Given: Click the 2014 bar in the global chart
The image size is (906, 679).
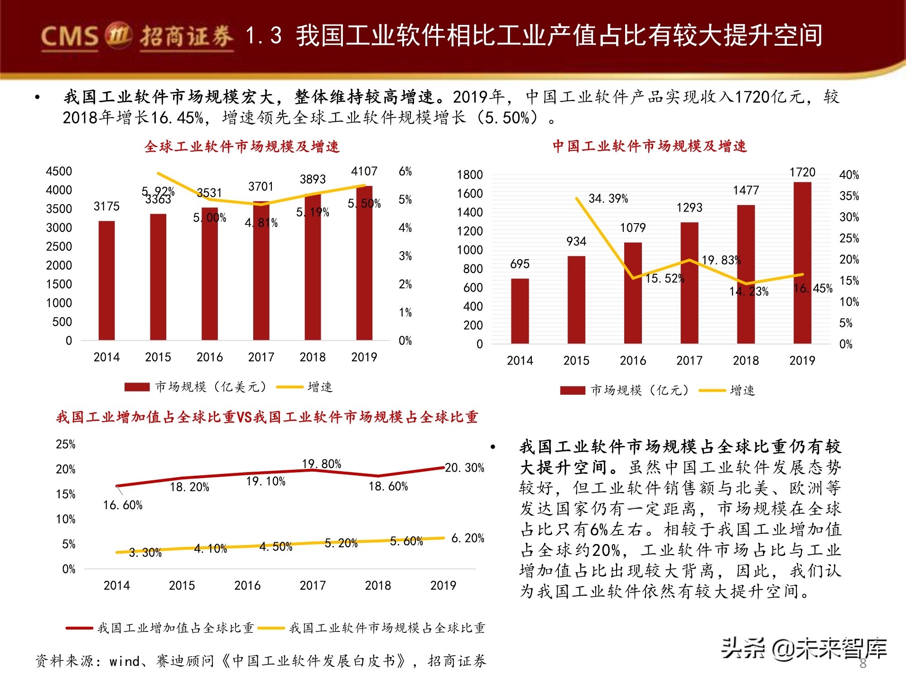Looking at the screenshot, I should [x=106, y=281].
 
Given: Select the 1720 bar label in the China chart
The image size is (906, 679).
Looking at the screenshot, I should [x=802, y=172].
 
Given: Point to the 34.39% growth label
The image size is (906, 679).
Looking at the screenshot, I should [x=608, y=199].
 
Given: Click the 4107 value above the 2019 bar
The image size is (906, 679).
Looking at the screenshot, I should [x=364, y=172].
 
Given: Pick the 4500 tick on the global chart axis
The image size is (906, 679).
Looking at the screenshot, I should [x=59, y=172].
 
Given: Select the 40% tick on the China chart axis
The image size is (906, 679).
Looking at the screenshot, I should [x=849, y=175].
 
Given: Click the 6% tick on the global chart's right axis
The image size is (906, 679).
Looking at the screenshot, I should [x=405, y=172].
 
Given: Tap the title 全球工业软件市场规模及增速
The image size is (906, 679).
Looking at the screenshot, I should [x=242, y=147].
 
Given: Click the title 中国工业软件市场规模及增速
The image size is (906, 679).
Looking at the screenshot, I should [x=650, y=146].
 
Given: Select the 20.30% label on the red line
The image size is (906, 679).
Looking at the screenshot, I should [x=464, y=468].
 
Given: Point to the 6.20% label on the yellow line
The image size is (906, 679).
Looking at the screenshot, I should [x=467, y=538].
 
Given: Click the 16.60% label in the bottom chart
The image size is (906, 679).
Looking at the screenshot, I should [x=123, y=505].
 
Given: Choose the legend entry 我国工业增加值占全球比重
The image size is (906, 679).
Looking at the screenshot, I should [x=175, y=628].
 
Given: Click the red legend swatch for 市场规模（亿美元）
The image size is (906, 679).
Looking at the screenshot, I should [x=137, y=387].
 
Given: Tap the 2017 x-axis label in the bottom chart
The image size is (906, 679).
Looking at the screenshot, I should [x=313, y=586].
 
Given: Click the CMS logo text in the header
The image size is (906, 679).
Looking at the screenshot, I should [x=70, y=36].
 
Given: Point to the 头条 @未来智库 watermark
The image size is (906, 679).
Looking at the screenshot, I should [x=804, y=649].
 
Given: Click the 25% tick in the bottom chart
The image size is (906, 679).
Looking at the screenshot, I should [x=66, y=445].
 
